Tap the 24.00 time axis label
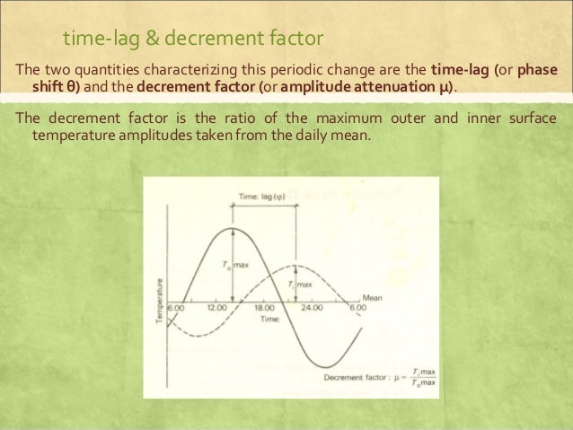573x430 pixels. [312, 307]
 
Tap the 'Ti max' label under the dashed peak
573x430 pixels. [299, 285]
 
